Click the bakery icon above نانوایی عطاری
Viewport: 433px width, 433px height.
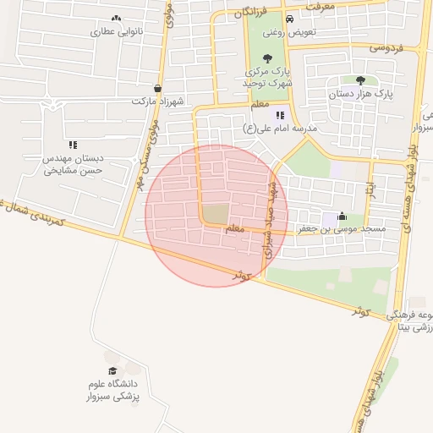116,18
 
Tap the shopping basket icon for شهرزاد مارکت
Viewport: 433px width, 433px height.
158,88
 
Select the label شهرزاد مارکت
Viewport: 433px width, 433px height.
156,101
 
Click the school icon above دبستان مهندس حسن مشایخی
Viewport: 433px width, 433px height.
73,145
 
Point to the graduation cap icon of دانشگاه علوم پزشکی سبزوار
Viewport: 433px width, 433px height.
113,371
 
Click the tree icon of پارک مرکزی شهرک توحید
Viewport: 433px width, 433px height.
268,58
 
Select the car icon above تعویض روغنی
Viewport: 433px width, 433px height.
290,19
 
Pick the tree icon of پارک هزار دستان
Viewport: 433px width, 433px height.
361,80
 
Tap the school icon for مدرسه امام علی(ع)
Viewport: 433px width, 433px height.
280,116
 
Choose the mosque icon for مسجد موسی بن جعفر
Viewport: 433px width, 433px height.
342,216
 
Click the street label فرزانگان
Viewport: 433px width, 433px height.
250,13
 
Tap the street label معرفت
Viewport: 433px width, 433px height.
321,6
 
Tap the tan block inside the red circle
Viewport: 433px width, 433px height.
216,214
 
